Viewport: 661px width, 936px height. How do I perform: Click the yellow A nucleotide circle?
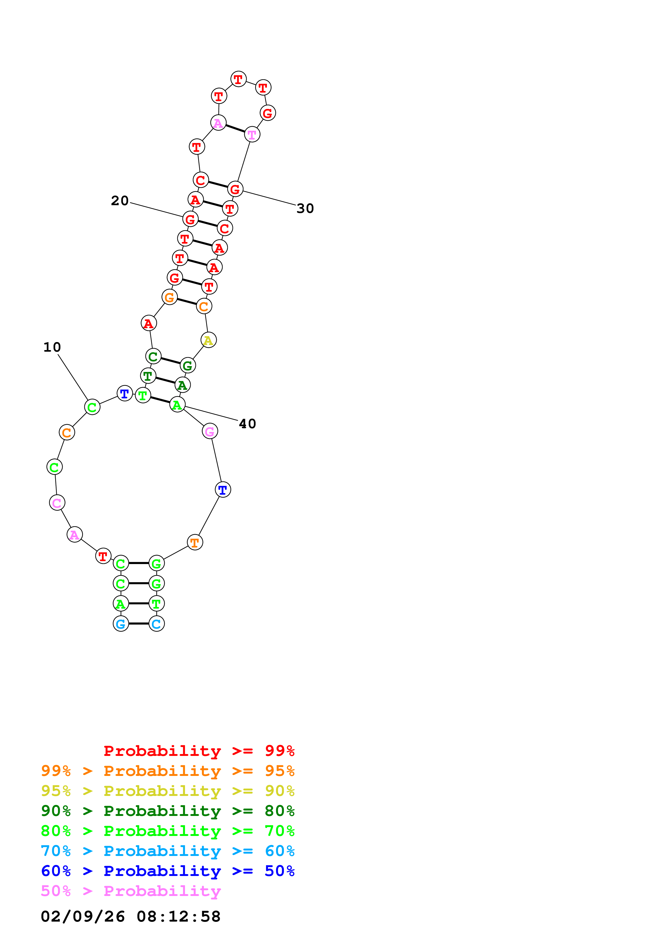[209, 340]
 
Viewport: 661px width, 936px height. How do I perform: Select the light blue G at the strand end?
[121, 624]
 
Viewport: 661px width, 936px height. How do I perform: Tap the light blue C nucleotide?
[157, 624]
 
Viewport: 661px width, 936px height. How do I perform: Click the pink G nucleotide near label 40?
[210, 431]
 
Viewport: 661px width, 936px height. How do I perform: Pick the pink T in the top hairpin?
[252, 134]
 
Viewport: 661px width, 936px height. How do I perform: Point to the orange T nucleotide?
[195, 542]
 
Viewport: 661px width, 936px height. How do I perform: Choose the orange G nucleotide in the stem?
[169, 297]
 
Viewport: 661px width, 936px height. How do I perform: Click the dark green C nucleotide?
[153, 356]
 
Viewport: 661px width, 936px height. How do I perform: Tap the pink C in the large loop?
[57, 503]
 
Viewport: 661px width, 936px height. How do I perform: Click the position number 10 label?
[52, 347]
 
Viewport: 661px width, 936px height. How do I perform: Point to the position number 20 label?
[120, 201]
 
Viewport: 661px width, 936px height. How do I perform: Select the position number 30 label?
[305, 208]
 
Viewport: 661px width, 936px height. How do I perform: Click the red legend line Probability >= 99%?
[199, 751]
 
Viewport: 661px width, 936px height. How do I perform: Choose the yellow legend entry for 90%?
[168, 791]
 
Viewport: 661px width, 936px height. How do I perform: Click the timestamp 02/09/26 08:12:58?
[131, 916]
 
